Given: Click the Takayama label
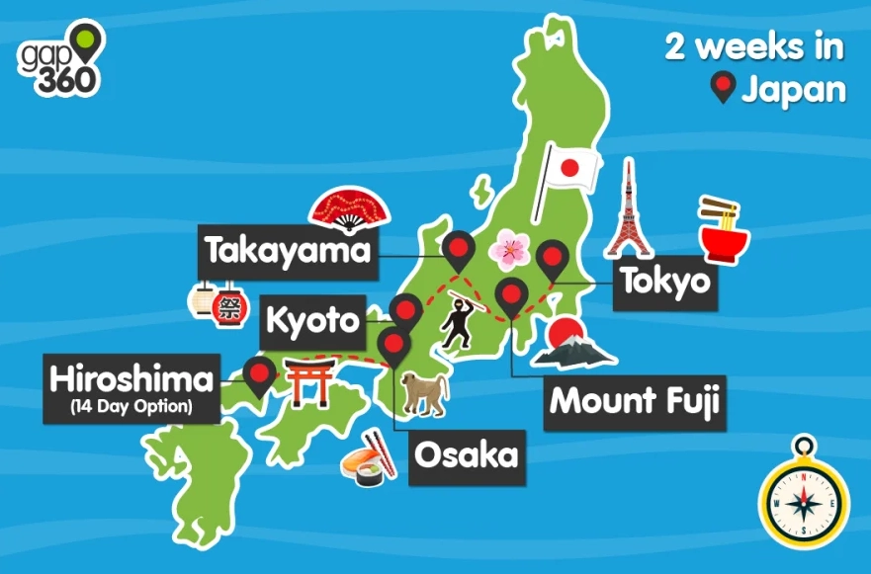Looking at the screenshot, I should (288, 252).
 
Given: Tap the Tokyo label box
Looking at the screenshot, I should (664, 283).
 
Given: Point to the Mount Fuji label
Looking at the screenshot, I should (633, 402).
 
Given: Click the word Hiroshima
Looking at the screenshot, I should (131, 378).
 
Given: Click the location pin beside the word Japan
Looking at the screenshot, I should (723, 90).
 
